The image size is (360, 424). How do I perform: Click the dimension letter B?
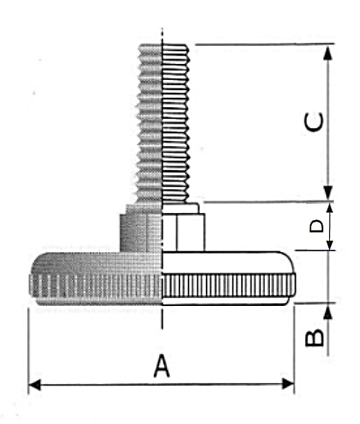tap(315, 338)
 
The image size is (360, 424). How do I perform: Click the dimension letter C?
tap(314, 122)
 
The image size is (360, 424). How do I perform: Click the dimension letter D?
tap(317, 226)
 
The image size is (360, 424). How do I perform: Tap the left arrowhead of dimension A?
tap(35, 384)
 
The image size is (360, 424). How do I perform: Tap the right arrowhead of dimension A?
tap(288, 384)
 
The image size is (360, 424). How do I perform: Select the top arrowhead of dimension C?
tap(328, 53)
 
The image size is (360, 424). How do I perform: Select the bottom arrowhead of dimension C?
tap(328, 193)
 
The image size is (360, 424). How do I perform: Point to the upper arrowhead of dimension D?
tap(330, 208)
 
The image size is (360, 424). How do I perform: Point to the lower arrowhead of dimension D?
tap(330, 245)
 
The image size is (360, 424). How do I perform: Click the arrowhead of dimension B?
tap(328, 312)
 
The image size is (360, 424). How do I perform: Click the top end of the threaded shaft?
tap(163, 45)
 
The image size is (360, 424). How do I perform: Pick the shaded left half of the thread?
tap(149, 123)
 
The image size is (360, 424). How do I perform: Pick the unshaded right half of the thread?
tap(175, 123)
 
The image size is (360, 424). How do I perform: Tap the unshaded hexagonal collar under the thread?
tap(184, 232)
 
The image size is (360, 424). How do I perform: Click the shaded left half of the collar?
tap(141, 232)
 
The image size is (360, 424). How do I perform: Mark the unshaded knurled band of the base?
tap(228, 285)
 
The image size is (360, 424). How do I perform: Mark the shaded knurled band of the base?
tap(96, 285)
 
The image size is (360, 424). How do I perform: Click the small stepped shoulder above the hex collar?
tap(181, 208)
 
